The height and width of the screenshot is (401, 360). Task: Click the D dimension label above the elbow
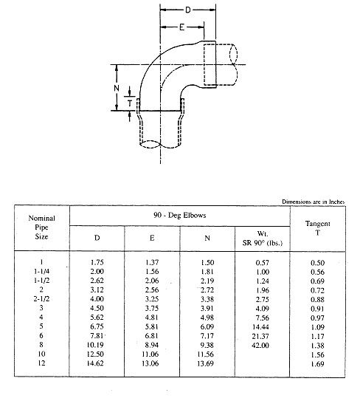click(188, 10)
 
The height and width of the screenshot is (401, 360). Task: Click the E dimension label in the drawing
click(181, 27)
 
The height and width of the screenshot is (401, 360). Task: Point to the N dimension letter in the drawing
click(117, 88)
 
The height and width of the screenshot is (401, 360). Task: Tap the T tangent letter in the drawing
click(130, 103)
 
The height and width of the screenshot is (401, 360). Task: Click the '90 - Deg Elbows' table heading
click(179, 215)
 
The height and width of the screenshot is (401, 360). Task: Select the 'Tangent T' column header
click(318, 228)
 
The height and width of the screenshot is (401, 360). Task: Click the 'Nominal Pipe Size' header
click(41, 227)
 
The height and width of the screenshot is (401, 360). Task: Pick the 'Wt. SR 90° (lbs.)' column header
click(263, 238)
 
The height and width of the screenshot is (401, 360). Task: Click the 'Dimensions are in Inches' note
click(314, 202)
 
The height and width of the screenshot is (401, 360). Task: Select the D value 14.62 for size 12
click(95, 363)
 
